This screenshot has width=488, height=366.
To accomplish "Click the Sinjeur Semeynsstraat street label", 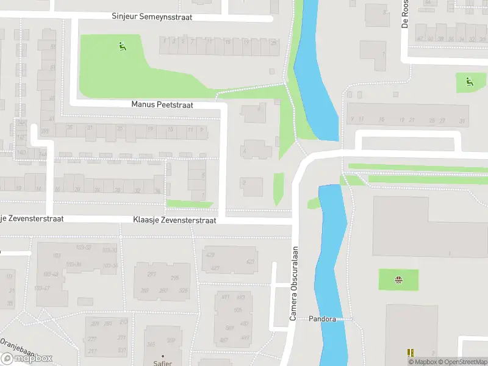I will tap(152, 17).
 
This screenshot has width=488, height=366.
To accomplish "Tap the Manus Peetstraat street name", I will tap(162, 105).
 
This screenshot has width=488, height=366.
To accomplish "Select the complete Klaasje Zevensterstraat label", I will tap(174, 220).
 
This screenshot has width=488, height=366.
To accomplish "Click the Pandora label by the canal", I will tap(322, 319).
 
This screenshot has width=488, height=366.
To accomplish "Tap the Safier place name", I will tap(162, 362).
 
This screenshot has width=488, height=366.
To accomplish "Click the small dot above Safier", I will tap(162, 355).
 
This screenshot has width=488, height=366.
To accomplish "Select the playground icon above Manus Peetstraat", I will tap(123, 45).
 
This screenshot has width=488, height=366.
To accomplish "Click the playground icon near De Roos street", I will tap(468, 82).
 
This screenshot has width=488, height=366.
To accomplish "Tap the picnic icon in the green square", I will tap(398, 281).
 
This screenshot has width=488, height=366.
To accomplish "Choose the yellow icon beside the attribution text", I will tap(411, 353).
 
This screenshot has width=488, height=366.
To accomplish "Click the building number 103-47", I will tap(42, 288).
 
